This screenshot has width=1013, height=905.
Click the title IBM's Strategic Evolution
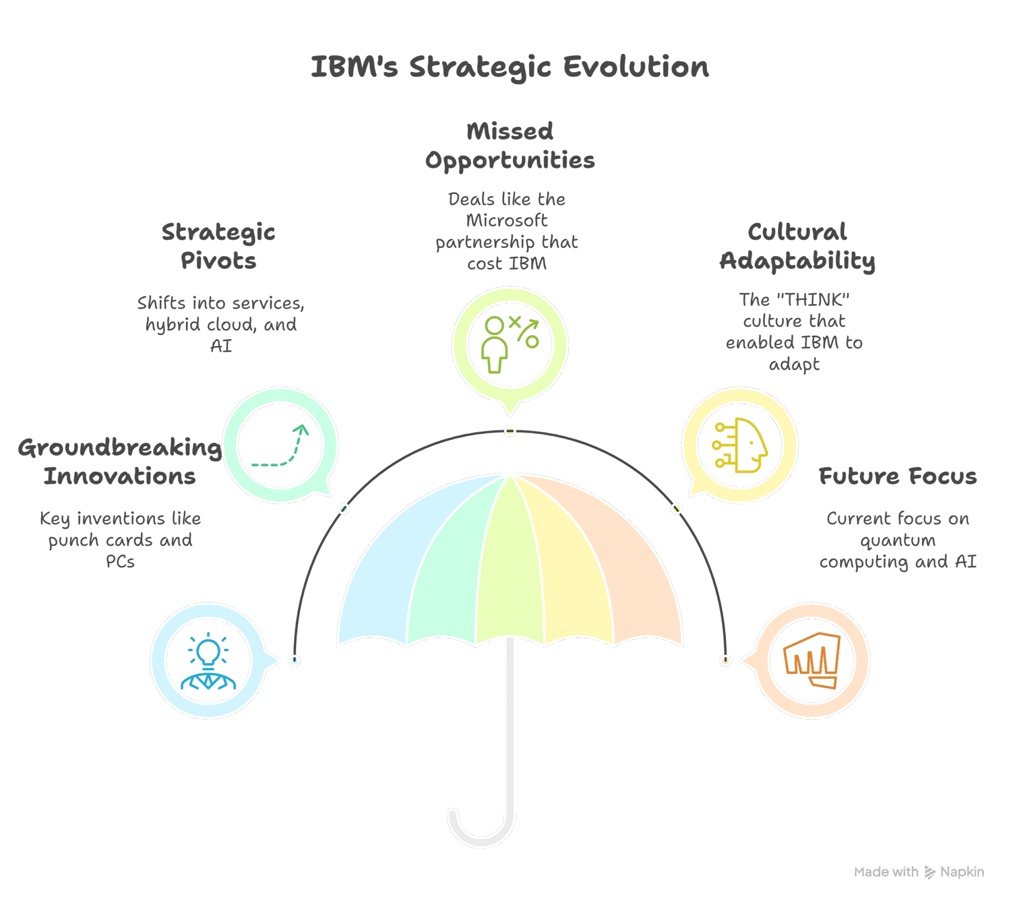(510, 67)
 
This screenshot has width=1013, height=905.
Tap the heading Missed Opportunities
(510, 146)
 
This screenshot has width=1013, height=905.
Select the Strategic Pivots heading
(218, 247)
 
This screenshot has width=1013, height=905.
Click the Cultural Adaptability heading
(797, 247)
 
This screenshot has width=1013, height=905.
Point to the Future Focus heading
(898, 476)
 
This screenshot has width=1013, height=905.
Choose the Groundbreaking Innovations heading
(120, 462)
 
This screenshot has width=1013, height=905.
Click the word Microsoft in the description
(507, 220)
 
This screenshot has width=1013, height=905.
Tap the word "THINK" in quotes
(813, 300)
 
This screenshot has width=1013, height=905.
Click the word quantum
(898, 541)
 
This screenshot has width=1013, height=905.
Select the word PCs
(120, 562)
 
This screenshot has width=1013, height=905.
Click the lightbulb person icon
(208, 661)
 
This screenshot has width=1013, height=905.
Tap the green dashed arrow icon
(280, 446)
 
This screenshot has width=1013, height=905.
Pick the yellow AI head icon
(740, 445)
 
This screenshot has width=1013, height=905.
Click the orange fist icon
(812, 660)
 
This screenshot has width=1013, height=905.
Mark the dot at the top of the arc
(510, 431)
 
